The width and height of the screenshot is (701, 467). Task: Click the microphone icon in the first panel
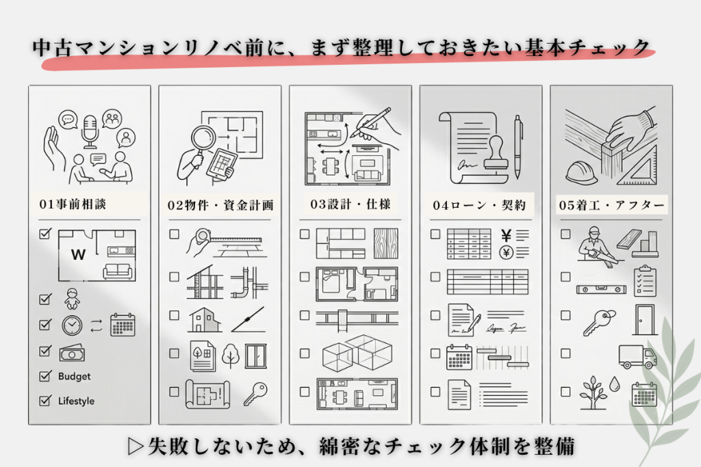coord(89,131)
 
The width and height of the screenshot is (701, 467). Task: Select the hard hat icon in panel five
coord(582,172)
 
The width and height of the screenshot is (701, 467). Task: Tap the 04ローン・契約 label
coord(479,204)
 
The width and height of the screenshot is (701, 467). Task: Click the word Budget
coord(74,376)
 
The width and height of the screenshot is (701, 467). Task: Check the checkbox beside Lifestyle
coord(46,401)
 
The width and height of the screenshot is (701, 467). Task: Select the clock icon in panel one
coord(72,325)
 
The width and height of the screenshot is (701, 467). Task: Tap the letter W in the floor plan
coord(78,256)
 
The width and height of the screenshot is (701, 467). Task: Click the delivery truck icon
coord(637,356)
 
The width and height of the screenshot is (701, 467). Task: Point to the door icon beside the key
coord(644,319)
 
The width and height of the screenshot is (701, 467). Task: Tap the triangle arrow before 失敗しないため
coord(135,445)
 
